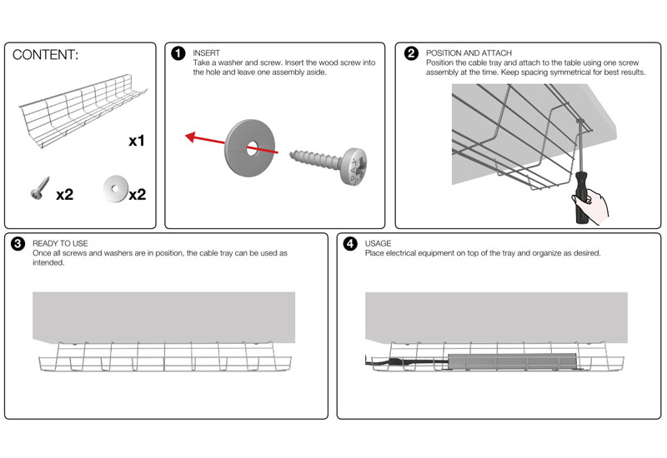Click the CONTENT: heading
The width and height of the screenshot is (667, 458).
(x=46, y=55)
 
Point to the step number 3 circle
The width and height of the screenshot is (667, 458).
(x=18, y=244)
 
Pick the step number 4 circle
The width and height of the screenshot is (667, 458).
(x=350, y=244)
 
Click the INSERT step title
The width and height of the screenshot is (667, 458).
(x=206, y=52)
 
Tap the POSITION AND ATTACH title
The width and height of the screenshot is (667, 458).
(x=469, y=52)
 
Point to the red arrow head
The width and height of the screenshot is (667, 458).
(x=190, y=137)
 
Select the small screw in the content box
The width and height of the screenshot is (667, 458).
(x=38, y=192)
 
